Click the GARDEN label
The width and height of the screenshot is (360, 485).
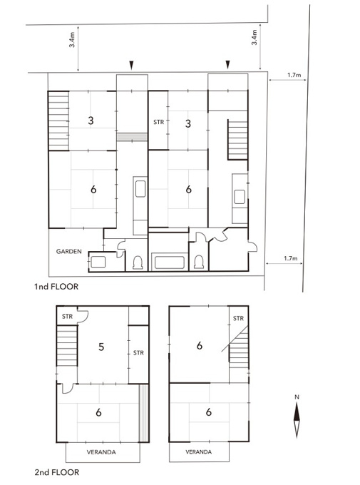click(x=69, y=252)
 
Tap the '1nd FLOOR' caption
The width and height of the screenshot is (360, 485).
click(x=56, y=287)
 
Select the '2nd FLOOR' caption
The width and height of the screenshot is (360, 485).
click(x=57, y=472)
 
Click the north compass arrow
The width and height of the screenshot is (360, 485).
click(x=297, y=420)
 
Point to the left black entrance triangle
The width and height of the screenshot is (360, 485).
click(x=131, y=66)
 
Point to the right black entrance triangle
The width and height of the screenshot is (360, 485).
click(x=228, y=64)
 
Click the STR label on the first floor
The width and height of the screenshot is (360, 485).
click(x=159, y=122)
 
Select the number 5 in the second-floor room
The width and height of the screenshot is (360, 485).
click(x=101, y=347)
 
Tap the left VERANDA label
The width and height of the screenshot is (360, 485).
click(x=101, y=452)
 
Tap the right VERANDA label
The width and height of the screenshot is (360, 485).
click(x=199, y=452)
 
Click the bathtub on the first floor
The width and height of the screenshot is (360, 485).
click(x=170, y=262)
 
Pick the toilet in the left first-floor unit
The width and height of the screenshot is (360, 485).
click(x=138, y=262)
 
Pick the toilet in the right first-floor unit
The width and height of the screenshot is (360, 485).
click(x=199, y=262)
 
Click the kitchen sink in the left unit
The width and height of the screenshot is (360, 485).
click(x=140, y=189)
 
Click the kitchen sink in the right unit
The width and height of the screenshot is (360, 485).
click(x=240, y=197)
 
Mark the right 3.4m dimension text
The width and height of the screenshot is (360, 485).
click(x=254, y=37)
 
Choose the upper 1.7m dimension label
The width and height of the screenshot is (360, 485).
click(x=294, y=75)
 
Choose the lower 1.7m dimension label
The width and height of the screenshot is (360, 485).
click(x=291, y=258)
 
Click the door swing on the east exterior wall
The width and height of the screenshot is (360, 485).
click(x=253, y=246)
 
